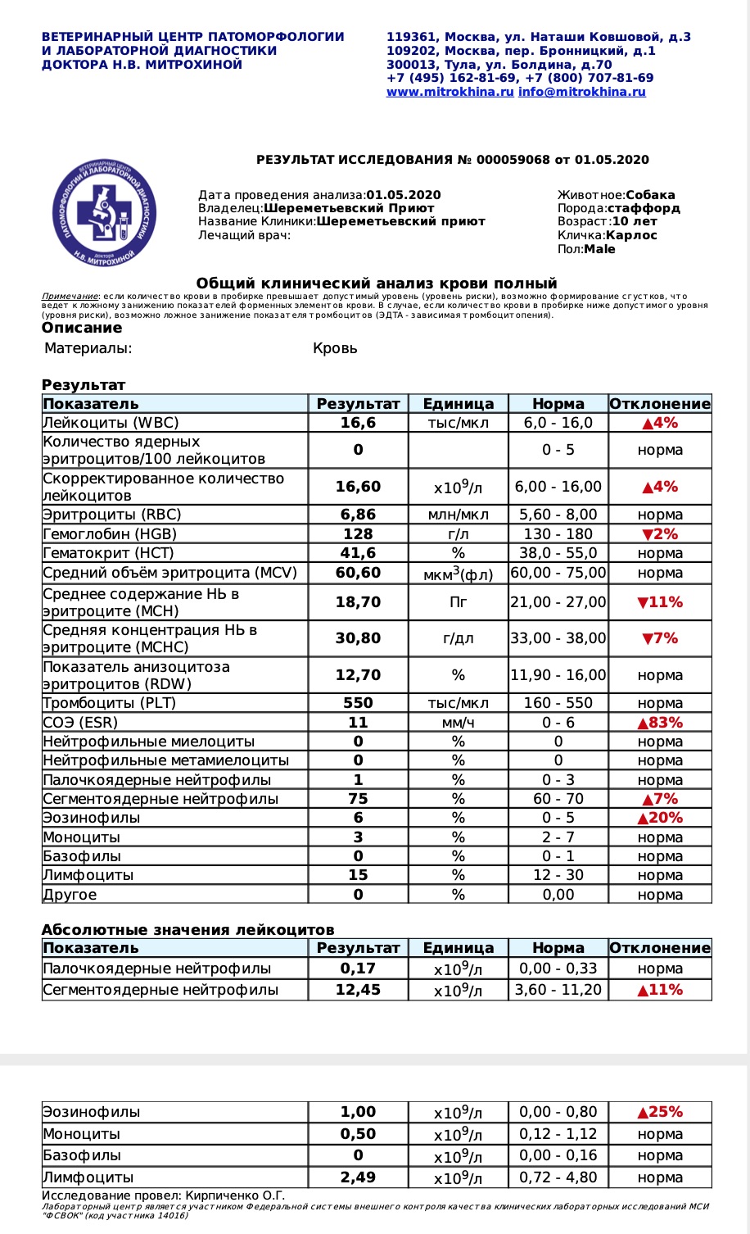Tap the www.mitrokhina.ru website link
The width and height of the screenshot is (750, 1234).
[450, 92]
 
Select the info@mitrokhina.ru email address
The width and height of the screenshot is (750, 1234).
[581, 92]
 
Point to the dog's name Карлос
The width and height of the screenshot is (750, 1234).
[631, 235]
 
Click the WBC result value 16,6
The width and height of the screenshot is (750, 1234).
[358, 423]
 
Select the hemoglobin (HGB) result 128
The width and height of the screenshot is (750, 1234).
[358, 534]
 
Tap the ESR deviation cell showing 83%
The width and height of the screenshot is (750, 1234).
[660, 723]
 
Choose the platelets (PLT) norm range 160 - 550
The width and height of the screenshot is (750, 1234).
[558, 703]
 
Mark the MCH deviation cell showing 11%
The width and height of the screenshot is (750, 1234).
[660, 602]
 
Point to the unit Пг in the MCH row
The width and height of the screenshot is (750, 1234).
[458, 602]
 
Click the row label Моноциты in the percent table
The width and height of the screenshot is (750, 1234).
[82, 837]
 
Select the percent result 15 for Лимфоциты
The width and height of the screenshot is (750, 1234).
[358, 875]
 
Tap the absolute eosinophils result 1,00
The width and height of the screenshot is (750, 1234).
[358, 1112]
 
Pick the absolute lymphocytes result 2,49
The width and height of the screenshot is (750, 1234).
[358, 1177]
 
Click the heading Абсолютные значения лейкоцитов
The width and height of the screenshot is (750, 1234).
[187, 930]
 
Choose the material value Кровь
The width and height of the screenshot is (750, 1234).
[335, 348]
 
